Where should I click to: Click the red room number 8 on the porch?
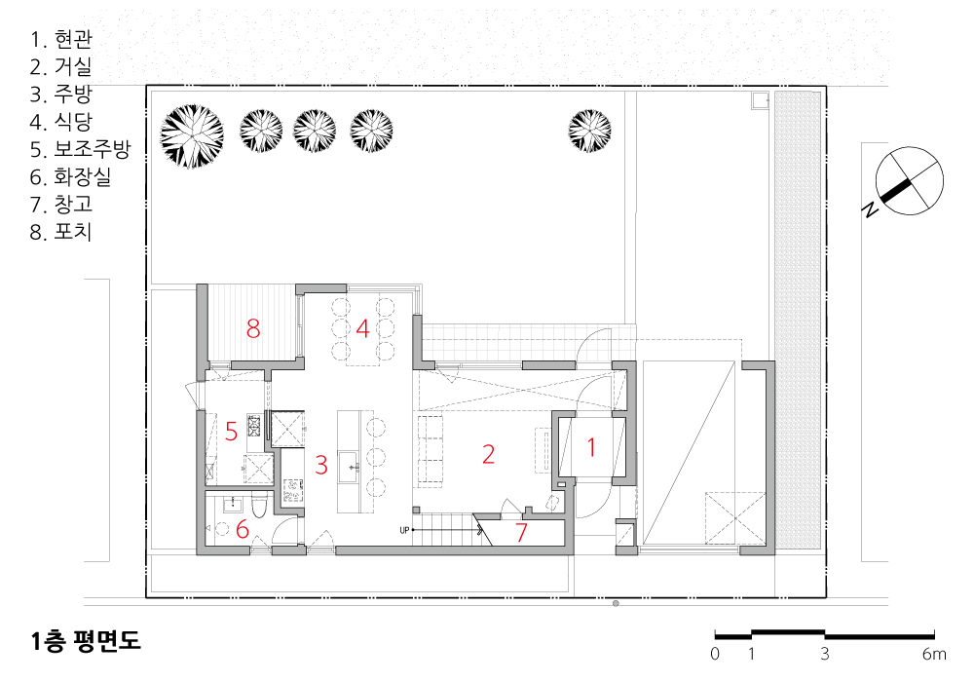pyautogui.click(x=253, y=328)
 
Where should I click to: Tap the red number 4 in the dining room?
pyautogui.click(x=362, y=328)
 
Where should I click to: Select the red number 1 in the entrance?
pyautogui.click(x=591, y=447)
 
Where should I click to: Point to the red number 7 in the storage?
pyautogui.click(x=521, y=532)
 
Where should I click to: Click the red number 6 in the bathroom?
pyautogui.click(x=243, y=529)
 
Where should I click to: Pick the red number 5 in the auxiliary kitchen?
pyautogui.click(x=231, y=431)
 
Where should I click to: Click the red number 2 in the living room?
pyautogui.click(x=488, y=454)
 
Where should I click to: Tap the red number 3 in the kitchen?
pyautogui.click(x=321, y=465)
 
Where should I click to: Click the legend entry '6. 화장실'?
pyautogui.click(x=71, y=177)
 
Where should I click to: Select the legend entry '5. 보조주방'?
pyautogui.click(x=81, y=149)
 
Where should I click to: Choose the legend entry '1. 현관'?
pyautogui.click(x=61, y=39)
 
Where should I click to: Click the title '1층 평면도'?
pyautogui.click(x=87, y=641)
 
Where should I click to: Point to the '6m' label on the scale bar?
pyautogui.click(x=934, y=654)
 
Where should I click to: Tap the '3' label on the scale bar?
pyautogui.click(x=825, y=654)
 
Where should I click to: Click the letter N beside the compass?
pyautogui.click(x=871, y=209)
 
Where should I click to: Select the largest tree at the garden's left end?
pyautogui.click(x=192, y=136)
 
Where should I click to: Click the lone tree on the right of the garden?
pyautogui.click(x=589, y=131)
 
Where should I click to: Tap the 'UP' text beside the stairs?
pyautogui.click(x=404, y=530)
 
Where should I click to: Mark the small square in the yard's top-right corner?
pyautogui.click(x=760, y=100)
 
